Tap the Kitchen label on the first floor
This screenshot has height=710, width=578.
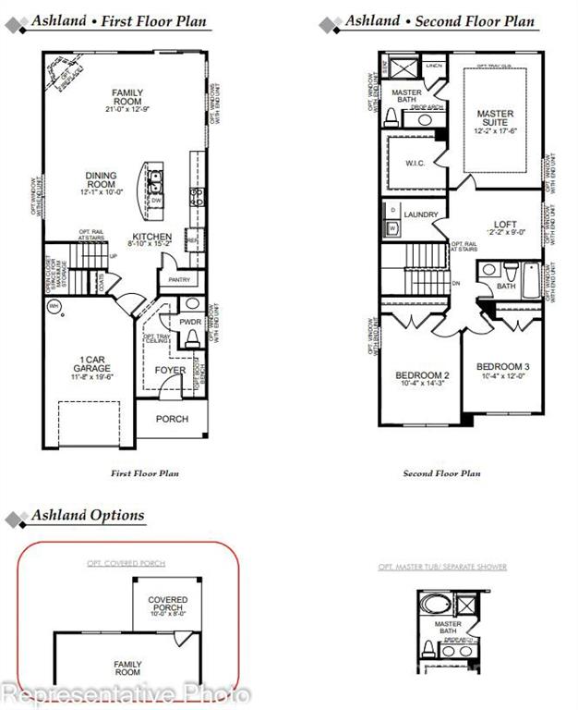[x=151, y=238]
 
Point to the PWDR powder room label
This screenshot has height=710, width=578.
[x=191, y=323]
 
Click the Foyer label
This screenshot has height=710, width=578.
[x=170, y=371]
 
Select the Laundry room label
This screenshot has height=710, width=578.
[x=421, y=215]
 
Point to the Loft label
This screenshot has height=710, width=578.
[x=505, y=225]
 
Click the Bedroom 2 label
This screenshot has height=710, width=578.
[x=422, y=375]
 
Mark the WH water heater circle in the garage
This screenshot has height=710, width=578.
[x=54, y=305]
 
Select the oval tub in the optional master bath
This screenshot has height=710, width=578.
[x=432, y=606]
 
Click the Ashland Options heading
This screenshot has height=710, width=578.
[x=88, y=515]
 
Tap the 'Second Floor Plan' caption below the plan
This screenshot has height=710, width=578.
[x=441, y=473]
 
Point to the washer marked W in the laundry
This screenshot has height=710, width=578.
[x=392, y=226]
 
